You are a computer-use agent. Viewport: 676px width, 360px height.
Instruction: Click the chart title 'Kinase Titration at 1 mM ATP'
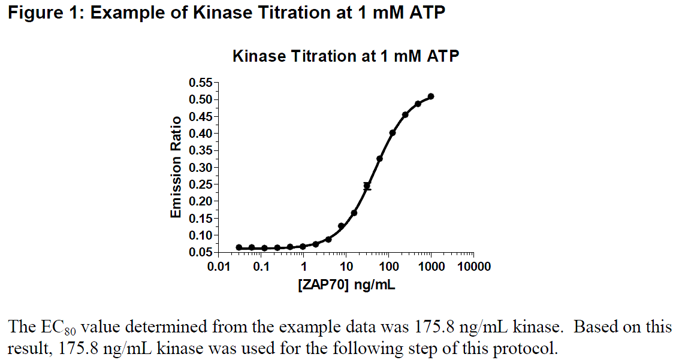[x=346, y=57]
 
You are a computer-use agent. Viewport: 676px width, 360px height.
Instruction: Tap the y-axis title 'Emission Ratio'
[x=176, y=167]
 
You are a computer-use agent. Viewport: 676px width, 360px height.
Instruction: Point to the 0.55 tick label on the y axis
[x=202, y=83]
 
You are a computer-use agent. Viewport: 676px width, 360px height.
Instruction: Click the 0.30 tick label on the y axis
[x=202, y=168]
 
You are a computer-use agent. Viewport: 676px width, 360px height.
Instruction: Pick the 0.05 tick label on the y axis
[x=202, y=252]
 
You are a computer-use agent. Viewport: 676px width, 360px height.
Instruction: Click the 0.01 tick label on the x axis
[x=219, y=267]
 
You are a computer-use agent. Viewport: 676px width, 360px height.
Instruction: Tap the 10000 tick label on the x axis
[x=473, y=267]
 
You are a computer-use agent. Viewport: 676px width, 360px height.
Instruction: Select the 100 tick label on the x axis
[x=388, y=267]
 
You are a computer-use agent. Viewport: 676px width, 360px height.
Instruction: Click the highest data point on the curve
[x=431, y=96]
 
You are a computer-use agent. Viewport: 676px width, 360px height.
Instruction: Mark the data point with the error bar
[x=367, y=186]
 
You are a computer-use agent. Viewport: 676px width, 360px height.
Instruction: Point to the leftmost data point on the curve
[x=239, y=247]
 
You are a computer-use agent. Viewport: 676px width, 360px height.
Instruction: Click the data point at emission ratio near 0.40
[x=393, y=133]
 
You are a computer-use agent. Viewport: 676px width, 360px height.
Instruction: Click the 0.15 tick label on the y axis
[x=202, y=218]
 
